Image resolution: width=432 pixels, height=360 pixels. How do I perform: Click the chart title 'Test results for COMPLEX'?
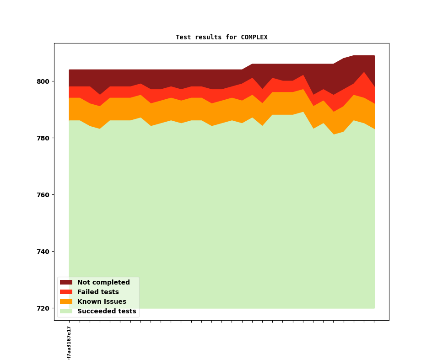(x=221, y=38)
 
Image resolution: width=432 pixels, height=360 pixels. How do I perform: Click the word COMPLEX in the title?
(x=254, y=38)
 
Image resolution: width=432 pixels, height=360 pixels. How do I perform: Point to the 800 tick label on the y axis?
(x=43, y=81)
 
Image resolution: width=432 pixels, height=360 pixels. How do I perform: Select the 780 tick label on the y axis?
(x=43, y=138)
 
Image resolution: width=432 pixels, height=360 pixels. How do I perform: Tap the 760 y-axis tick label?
(x=43, y=195)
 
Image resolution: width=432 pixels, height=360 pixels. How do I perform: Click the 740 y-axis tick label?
(x=43, y=252)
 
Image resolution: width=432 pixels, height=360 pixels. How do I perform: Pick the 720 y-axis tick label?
(x=43, y=308)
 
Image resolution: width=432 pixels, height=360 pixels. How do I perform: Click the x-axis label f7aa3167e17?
(x=69, y=343)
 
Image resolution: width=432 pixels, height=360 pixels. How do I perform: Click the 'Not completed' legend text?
(x=103, y=283)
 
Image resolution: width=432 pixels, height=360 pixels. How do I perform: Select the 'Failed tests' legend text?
(x=98, y=292)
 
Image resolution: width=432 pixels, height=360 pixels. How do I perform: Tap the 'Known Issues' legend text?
(x=102, y=302)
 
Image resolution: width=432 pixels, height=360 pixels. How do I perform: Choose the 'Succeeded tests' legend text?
(x=107, y=312)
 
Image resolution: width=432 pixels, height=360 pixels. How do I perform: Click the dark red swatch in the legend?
(x=66, y=283)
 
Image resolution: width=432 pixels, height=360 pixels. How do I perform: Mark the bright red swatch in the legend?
(x=66, y=292)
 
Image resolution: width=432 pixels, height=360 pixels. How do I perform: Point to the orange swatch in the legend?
(x=66, y=302)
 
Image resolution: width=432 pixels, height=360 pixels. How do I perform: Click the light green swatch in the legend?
(x=66, y=312)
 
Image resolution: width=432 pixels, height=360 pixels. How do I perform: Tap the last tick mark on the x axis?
(x=374, y=322)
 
